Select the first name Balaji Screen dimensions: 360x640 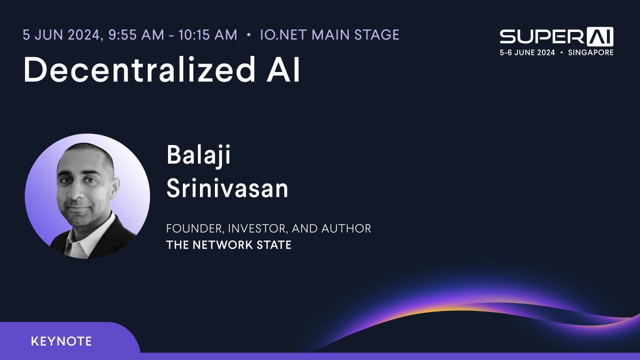(199, 156)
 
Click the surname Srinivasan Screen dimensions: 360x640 (227, 188)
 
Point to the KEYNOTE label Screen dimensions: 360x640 (61, 341)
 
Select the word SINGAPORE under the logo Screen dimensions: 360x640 (590, 53)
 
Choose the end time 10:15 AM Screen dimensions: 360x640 (207, 35)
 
